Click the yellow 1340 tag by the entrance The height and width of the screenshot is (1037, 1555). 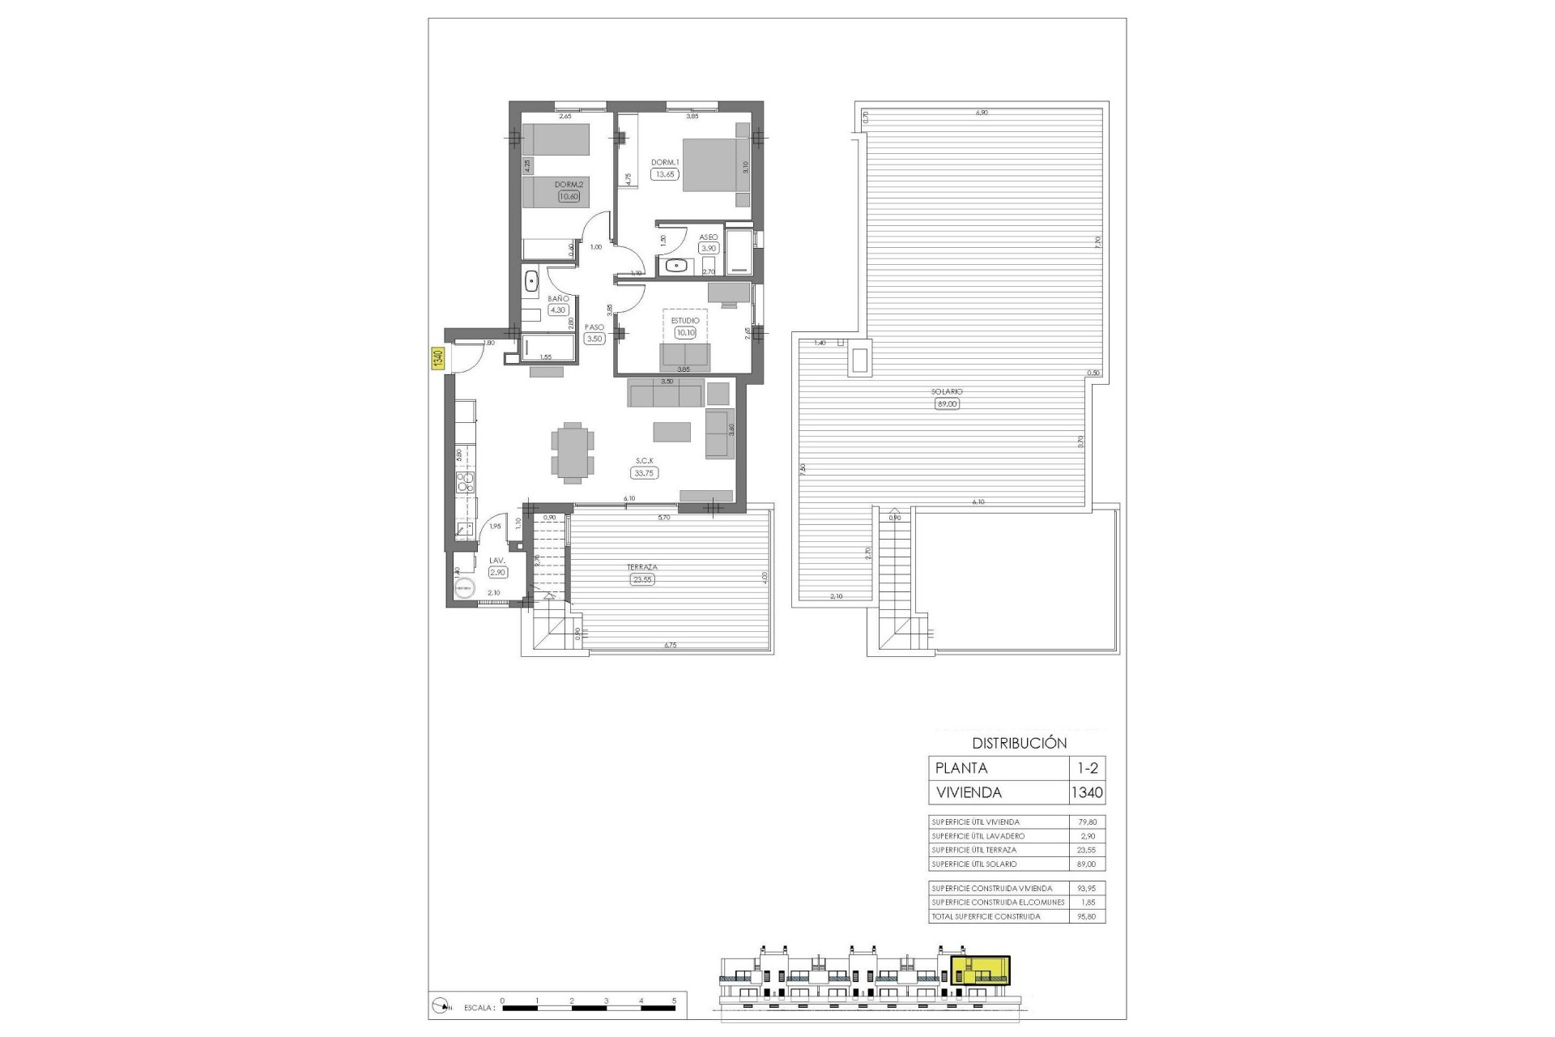pyautogui.click(x=437, y=358)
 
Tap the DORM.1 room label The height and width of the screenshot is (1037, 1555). pyautogui.click(x=665, y=162)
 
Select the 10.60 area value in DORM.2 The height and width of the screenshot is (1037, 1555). pyautogui.click(x=569, y=196)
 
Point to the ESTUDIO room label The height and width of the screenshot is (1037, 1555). pyautogui.click(x=685, y=321)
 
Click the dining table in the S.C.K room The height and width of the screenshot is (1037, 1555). pyautogui.click(x=573, y=451)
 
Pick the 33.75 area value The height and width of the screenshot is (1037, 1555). pyautogui.click(x=645, y=473)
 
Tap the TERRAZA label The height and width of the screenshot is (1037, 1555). pyautogui.click(x=641, y=567)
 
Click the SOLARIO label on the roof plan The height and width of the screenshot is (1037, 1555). pyautogui.click(x=946, y=392)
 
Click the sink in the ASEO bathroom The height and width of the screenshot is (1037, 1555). pyautogui.click(x=676, y=264)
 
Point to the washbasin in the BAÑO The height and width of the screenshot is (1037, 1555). pyautogui.click(x=532, y=281)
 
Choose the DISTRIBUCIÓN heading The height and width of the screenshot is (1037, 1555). pyautogui.click(x=1019, y=743)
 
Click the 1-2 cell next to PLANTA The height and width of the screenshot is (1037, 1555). pyautogui.click(x=1087, y=768)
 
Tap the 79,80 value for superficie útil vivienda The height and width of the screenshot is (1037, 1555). pyautogui.click(x=1087, y=822)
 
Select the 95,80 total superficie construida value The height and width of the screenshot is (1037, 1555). pyautogui.click(x=1087, y=916)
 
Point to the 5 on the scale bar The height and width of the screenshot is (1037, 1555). pyautogui.click(x=674, y=1001)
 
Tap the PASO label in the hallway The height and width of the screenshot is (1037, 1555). pyautogui.click(x=594, y=327)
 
